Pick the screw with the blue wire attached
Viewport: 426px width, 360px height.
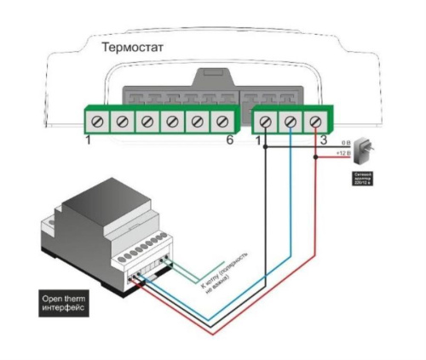[x=291, y=122]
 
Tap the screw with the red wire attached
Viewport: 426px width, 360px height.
[x=316, y=122]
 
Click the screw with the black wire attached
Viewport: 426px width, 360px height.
[x=265, y=122]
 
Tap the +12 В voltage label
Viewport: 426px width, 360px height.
[x=344, y=153]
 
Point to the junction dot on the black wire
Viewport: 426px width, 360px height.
[x=265, y=148]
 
